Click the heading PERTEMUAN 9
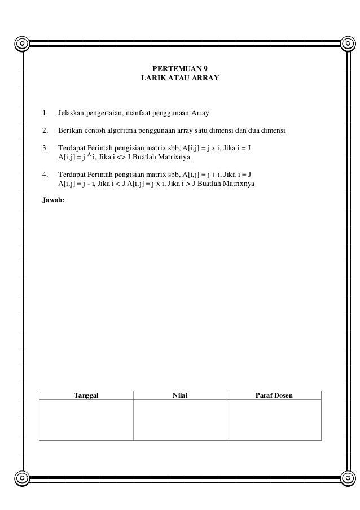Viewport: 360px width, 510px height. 180,69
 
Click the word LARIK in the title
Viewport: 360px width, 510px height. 152,79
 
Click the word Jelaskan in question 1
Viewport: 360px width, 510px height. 71,114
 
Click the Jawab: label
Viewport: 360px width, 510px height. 54,199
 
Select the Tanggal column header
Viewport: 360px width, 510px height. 86,395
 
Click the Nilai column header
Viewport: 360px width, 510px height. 180,395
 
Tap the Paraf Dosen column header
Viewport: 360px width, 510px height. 274,395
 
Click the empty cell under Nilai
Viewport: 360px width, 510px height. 180,420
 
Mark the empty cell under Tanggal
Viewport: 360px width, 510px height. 86,420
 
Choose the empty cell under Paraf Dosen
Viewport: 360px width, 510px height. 274,420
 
